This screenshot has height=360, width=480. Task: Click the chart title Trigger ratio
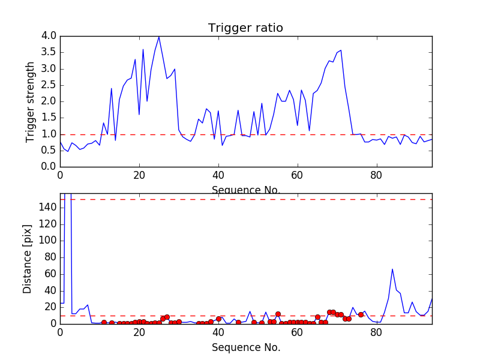pyautogui.click(x=245, y=28)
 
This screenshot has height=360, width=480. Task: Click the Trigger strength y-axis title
pyautogui.click(x=31, y=101)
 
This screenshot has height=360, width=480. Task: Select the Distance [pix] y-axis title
pyautogui.click(x=28, y=259)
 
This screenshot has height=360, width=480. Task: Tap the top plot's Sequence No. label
pyautogui.click(x=246, y=190)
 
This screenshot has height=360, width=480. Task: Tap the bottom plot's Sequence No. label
pyautogui.click(x=246, y=347)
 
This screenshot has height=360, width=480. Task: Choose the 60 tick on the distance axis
pyautogui.click(x=48, y=274)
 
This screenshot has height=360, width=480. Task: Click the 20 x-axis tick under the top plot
pyautogui.click(x=139, y=176)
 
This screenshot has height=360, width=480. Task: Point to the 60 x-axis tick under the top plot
pyautogui.click(x=297, y=176)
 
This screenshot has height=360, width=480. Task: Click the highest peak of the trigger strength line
pyautogui.click(x=159, y=37)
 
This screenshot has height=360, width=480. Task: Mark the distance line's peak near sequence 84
pyautogui.click(x=392, y=269)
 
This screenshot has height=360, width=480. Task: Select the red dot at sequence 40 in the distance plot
pyautogui.click(x=218, y=319)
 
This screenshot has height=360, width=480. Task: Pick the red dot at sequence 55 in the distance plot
pyautogui.click(x=278, y=314)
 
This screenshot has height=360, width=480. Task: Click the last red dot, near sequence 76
pyautogui.click(x=361, y=314)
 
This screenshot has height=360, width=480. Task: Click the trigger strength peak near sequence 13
pyautogui.click(x=112, y=89)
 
